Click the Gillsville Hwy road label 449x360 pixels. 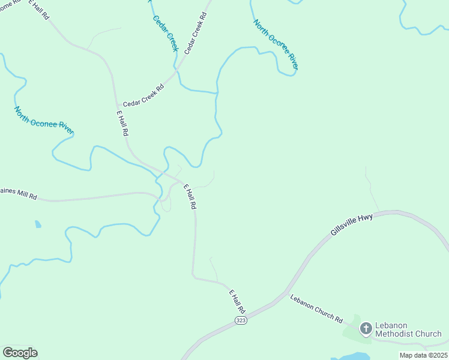[x=352, y=224]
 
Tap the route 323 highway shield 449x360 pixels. [x=241, y=321]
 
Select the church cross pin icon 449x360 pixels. [x=366, y=328]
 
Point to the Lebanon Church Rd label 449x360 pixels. [x=316, y=309]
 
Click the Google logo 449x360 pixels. [x=20, y=353]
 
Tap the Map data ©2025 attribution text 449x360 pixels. [x=423, y=355]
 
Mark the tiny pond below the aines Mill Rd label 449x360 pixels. [x=38, y=224]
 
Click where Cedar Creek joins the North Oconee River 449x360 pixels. [x=217, y=93]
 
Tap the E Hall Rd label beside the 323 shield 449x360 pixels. [x=237, y=301]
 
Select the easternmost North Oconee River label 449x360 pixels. [x=276, y=44]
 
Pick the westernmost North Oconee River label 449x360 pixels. [x=44, y=120]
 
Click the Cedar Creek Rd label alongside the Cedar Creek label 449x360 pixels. [x=196, y=34]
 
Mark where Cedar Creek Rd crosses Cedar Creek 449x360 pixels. [x=178, y=70]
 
